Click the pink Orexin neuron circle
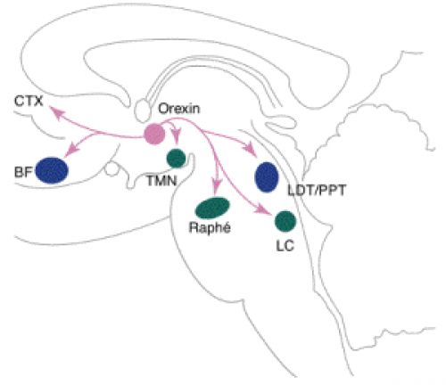(x=154, y=135)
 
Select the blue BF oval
(x=52, y=170)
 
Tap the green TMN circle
(x=176, y=158)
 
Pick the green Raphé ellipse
(x=212, y=208)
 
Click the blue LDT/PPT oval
(x=267, y=177)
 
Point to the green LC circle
(x=285, y=221)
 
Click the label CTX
(x=29, y=102)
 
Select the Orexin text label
(x=179, y=109)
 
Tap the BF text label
(x=23, y=172)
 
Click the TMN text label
(x=161, y=180)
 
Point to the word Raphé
(x=210, y=227)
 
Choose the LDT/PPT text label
(x=317, y=190)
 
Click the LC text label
(x=285, y=246)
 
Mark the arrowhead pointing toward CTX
(x=58, y=113)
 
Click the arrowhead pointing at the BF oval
(x=71, y=149)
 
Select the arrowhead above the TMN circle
(x=177, y=137)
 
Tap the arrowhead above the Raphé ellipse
(x=216, y=184)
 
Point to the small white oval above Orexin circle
(x=142, y=111)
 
